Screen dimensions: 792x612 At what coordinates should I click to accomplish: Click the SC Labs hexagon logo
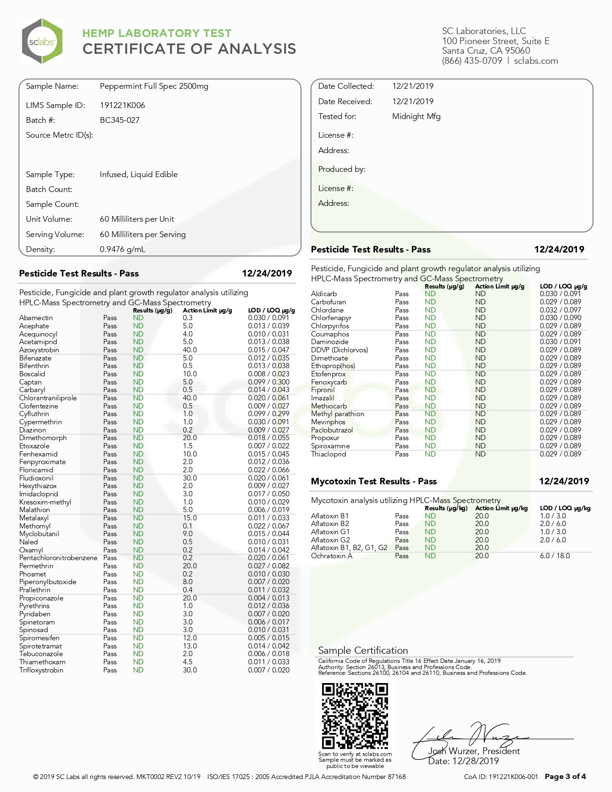[x=42, y=41]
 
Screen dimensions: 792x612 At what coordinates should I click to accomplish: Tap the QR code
[x=355, y=716]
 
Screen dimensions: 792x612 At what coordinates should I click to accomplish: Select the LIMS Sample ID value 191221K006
[x=122, y=105]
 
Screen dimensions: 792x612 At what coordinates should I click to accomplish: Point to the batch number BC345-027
[x=120, y=120]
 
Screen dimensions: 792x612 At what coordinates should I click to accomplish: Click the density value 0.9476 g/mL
[x=122, y=249]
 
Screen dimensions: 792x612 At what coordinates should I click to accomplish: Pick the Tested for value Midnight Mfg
[x=416, y=116]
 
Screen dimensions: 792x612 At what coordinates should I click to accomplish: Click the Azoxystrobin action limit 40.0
[x=190, y=350]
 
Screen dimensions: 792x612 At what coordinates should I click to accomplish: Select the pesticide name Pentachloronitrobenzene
[x=58, y=558]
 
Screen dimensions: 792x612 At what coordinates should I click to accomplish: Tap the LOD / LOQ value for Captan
[x=268, y=382]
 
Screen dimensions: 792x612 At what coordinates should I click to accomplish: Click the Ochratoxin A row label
[x=332, y=556]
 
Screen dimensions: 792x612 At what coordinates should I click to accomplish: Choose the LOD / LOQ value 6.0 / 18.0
[x=555, y=556]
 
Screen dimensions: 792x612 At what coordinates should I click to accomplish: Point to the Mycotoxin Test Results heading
[x=373, y=481]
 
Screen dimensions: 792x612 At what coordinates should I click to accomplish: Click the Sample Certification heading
[x=363, y=650]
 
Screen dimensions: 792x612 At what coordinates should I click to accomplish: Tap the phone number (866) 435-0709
[x=472, y=60]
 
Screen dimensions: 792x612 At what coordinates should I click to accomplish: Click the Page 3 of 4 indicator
[x=565, y=777]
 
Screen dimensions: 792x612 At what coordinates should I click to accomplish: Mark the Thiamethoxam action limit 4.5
[x=188, y=662]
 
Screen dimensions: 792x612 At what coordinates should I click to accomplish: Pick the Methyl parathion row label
[x=337, y=414]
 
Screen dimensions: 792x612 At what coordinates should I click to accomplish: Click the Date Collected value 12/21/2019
[x=412, y=86]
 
